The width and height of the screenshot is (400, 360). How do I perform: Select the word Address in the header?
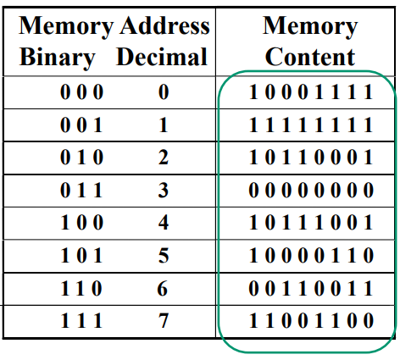164,25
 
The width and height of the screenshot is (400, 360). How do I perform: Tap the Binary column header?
58,58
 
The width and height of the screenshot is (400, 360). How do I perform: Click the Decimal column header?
162,58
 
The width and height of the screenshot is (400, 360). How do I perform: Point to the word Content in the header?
310,58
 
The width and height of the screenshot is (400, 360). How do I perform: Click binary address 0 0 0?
81,92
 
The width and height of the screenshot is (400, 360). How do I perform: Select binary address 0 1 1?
81,191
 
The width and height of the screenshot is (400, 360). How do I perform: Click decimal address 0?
164,92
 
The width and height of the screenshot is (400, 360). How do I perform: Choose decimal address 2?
164,158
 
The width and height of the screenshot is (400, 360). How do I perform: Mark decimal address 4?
164,224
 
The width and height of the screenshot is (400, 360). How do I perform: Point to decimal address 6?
164,289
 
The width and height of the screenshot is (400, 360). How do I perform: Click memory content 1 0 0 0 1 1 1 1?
310,92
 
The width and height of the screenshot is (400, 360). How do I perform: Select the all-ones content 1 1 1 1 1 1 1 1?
310,125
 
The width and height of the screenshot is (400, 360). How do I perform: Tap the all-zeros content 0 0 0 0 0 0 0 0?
310,191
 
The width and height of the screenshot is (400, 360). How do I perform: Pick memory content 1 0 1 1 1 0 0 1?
310,224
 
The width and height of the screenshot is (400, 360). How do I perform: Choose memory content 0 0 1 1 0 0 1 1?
310,289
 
